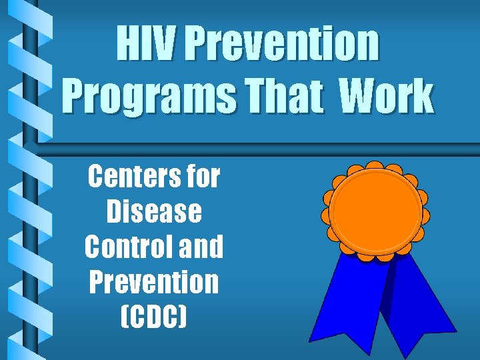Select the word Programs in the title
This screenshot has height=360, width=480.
pyautogui.click(x=149, y=97)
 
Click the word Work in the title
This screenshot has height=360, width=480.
pyautogui.click(x=386, y=97)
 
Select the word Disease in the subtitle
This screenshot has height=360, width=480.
pyautogui.click(x=154, y=212)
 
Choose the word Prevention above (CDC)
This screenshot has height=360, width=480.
pyautogui.click(x=154, y=281)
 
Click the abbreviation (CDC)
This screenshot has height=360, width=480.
pyautogui.click(x=154, y=317)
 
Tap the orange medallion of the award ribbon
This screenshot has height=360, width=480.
pyautogui.click(x=376, y=210)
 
